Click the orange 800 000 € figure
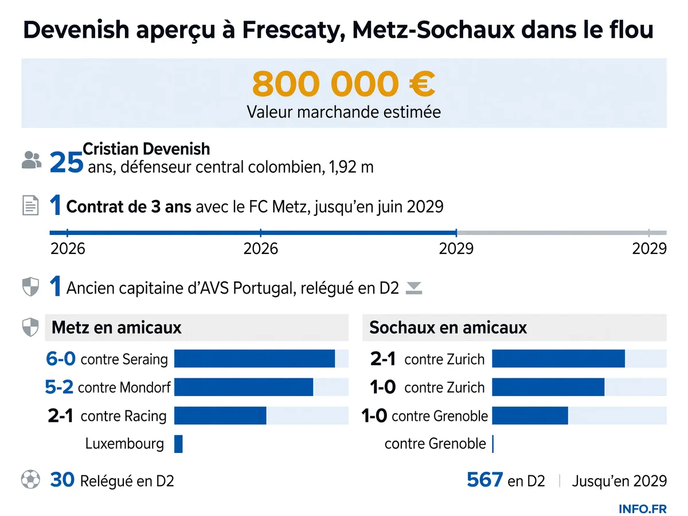343,84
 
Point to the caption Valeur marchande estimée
343,112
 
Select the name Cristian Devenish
146,149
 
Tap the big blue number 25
67,162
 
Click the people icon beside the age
32,160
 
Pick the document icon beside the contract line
30,205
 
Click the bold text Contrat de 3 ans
129,207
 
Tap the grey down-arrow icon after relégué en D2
414,288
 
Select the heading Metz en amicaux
116,328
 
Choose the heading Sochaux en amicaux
448,328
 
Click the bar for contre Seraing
255,358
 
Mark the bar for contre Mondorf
244,387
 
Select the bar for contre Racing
220,416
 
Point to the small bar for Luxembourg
178,444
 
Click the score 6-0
61,359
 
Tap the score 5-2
59,387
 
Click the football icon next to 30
30,479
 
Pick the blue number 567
485,480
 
